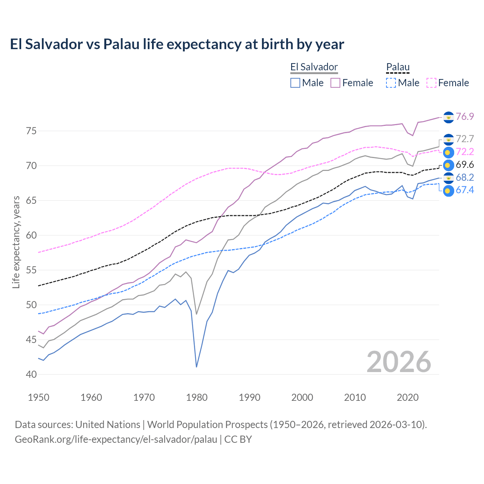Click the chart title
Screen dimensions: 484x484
click(177, 44)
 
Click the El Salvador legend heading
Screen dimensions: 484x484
click(314, 67)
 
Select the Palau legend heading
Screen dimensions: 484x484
click(398, 67)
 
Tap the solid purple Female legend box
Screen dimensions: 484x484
click(335, 83)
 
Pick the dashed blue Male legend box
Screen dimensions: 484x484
click(391, 83)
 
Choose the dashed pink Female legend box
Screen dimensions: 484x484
click(431, 83)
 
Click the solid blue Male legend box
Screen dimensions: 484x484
click(295, 83)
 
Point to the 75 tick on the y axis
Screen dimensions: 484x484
click(31, 131)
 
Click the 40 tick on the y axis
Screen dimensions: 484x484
click(31, 375)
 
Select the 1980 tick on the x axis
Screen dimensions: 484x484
click(197, 397)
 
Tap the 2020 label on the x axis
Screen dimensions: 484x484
click(408, 397)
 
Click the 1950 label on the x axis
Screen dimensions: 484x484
click(39, 397)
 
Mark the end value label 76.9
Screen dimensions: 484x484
click(465, 116)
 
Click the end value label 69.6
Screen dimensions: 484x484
click(465, 165)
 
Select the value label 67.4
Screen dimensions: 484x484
click(465, 190)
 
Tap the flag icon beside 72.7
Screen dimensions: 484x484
click(448, 140)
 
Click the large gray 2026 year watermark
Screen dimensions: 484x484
click(399, 362)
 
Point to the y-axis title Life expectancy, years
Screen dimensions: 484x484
click(16, 242)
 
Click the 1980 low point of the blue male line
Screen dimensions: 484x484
click(197, 367)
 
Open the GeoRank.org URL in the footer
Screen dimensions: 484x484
click(116, 439)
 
